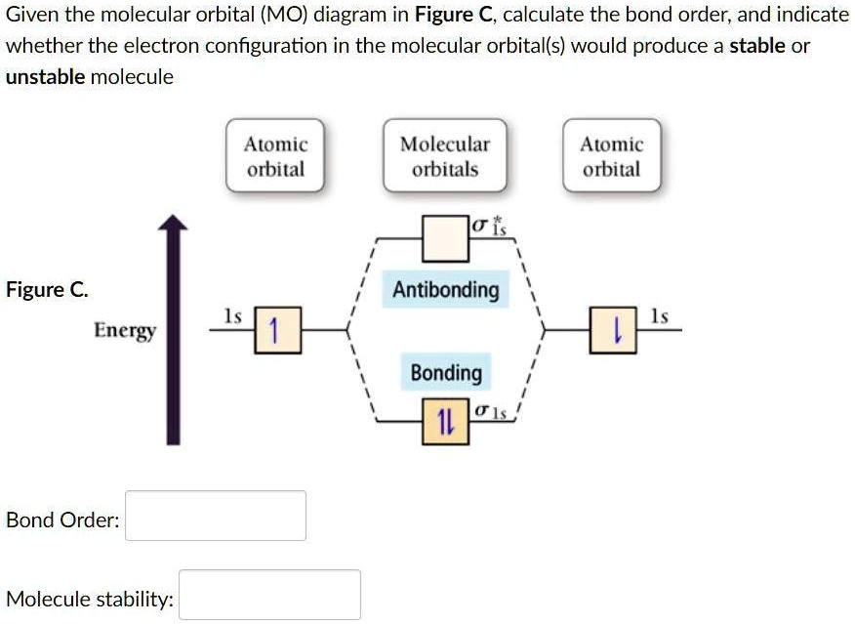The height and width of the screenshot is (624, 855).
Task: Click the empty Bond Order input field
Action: pos(216,516)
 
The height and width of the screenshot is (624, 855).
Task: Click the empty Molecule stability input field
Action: pos(269,595)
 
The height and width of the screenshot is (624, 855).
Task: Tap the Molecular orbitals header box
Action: pos(445,155)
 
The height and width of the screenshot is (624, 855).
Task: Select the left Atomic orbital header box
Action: pos(275,155)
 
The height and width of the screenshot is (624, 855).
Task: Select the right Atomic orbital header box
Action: pos(611,155)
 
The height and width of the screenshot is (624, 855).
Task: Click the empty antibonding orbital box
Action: pos(445,237)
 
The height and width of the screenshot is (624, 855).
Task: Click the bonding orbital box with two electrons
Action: pos(445,422)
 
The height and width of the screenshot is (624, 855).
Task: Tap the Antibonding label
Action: pos(445,290)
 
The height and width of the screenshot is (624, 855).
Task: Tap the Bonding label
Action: pos(446,373)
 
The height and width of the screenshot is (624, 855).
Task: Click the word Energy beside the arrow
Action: pos(125,330)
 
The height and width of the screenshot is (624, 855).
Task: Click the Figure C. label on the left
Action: pos(46,290)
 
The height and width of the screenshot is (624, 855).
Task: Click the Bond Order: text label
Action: pos(62,520)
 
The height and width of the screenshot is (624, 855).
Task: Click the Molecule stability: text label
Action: pos(90,599)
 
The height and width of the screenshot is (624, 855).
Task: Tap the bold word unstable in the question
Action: pos(45,77)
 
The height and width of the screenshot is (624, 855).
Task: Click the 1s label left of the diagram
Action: pos(232,315)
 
